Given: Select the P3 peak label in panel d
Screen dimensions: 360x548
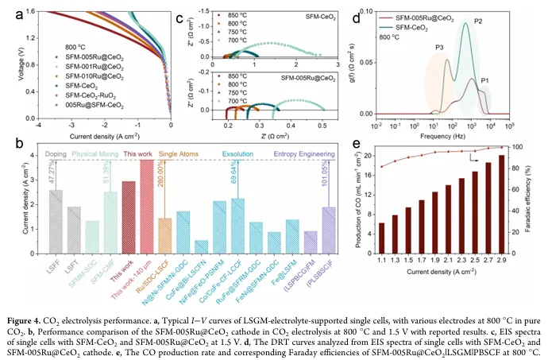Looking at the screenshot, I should [439, 48].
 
